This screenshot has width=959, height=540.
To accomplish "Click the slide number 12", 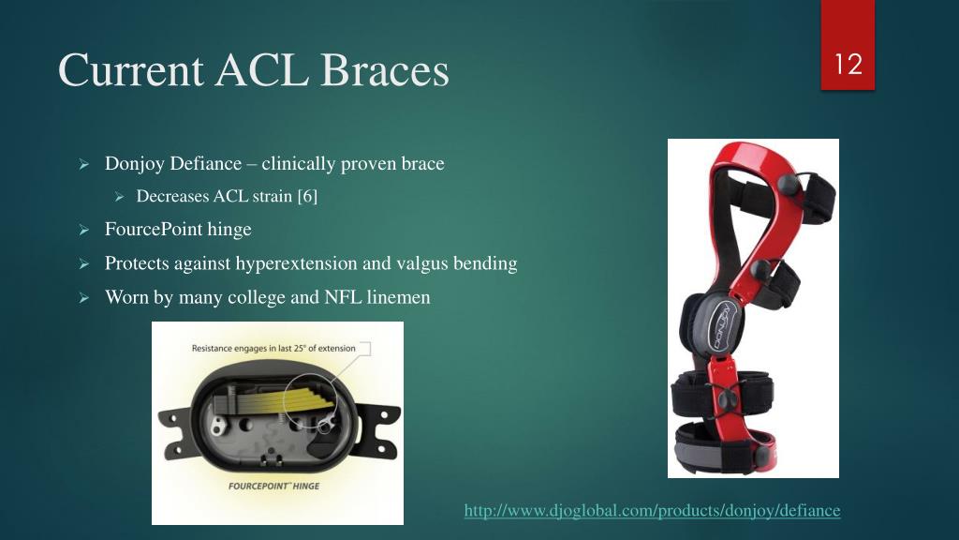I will click(x=848, y=66).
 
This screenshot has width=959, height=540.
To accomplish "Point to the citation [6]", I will click(x=306, y=196).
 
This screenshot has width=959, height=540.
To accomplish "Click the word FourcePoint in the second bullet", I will click(x=153, y=229).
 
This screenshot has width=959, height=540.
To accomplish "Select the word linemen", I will click(x=397, y=297).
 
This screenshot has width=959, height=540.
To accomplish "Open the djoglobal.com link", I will click(x=652, y=511).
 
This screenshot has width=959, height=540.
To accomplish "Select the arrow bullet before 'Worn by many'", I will click(x=83, y=298).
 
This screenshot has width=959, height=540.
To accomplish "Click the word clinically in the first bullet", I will click(x=297, y=164).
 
